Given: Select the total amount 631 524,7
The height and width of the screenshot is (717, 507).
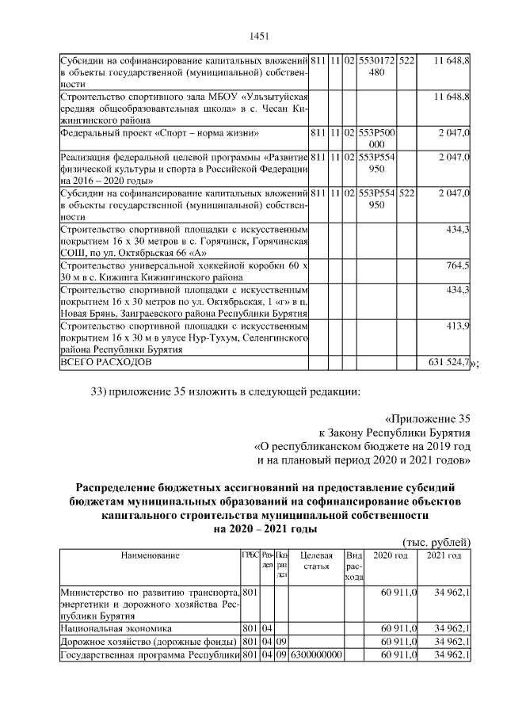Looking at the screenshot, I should [x=445, y=363].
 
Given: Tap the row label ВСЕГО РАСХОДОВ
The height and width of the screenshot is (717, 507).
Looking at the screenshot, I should [x=103, y=363].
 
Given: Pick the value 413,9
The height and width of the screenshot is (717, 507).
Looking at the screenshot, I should [x=458, y=326].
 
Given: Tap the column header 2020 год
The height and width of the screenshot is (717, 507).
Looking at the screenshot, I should [x=391, y=556].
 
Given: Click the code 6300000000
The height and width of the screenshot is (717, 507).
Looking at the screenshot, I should [x=316, y=654].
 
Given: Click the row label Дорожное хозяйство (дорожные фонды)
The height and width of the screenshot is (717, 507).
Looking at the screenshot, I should [x=147, y=641].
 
